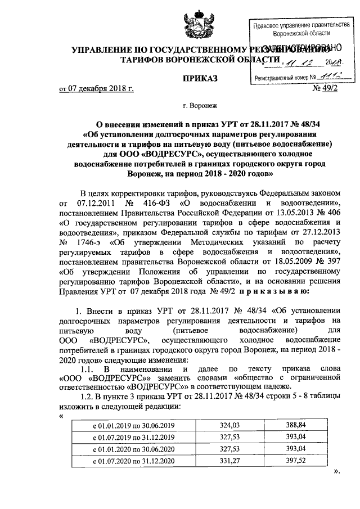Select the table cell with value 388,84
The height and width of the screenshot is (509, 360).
[296, 426]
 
